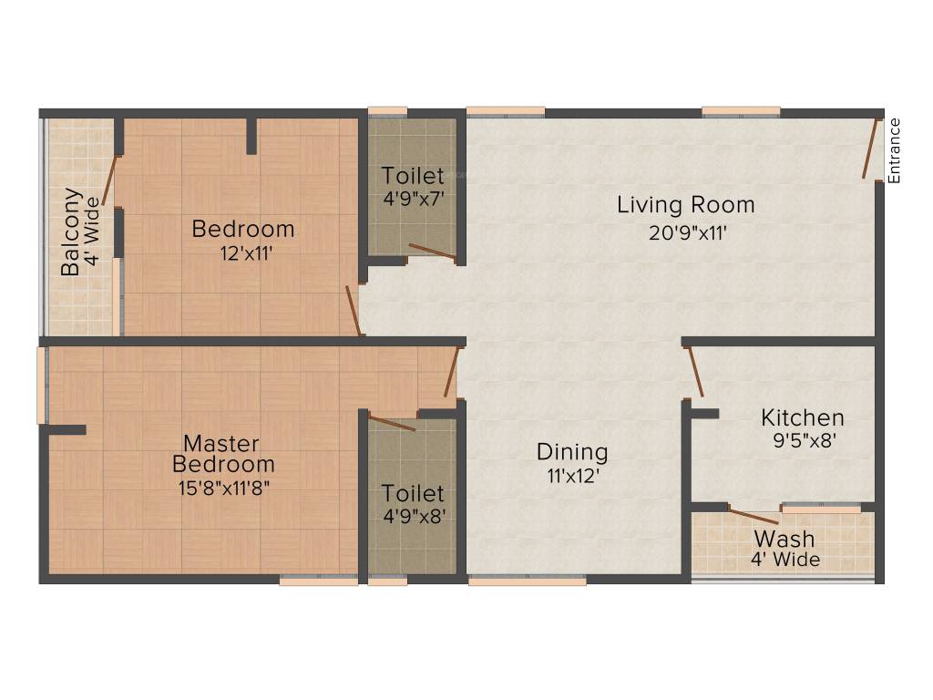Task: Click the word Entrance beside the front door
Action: pyautogui.click(x=894, y=150)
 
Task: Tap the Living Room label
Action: pyautogui.click(x=686, y=205)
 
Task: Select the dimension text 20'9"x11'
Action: pyautogui.click(x=688, y=232)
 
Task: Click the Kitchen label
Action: pyautogui.click(x=803, y=417)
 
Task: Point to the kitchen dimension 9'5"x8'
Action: pyautogui.click(x=805, y=440)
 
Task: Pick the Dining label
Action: pyautogui.click(x=572, y=452)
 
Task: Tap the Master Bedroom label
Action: pyautogui.click(x=223, y=454)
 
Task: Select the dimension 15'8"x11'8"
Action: pyautogui.click(x=224, y=489)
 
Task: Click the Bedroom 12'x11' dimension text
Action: pyautogui.click(x=246, y=253)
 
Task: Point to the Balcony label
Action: pyautogui.click(x=70, y=232)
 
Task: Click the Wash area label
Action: pyautogui.click(x=784, y=539)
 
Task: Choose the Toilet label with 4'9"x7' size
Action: pyautogui.click(x=413, y=176)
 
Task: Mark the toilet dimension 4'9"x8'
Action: pyautogui.click(x=414, y=516)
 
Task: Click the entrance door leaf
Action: pyautogui.click(x=871, y=149)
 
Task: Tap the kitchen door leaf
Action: pyautogui.click(x=695, y=372)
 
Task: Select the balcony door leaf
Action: pyautogui.click(x=109, y=180)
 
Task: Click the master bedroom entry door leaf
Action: pyautogui.click(x=452, y=372)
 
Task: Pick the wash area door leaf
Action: pyautogui.click(x=754, y=517)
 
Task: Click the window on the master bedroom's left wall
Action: pyautogui.click(x=42, y=386)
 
